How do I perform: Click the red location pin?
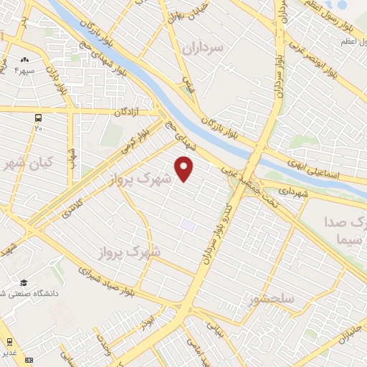tap(184, 168)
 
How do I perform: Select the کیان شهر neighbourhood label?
tap(27, 163)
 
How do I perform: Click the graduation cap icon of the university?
tap(24, 284)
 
